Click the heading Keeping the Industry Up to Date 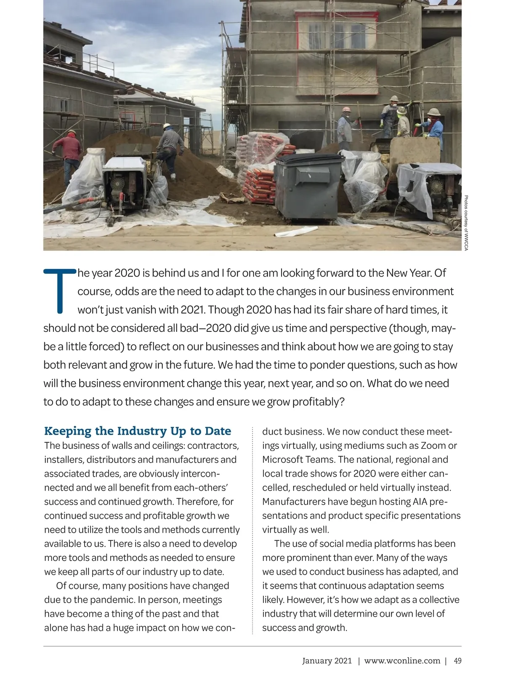(138, 431)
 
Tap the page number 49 (457, 661)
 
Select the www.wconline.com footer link (402, 661)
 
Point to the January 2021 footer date (327, 661)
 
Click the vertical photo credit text (466, 223)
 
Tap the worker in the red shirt (72, 156)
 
